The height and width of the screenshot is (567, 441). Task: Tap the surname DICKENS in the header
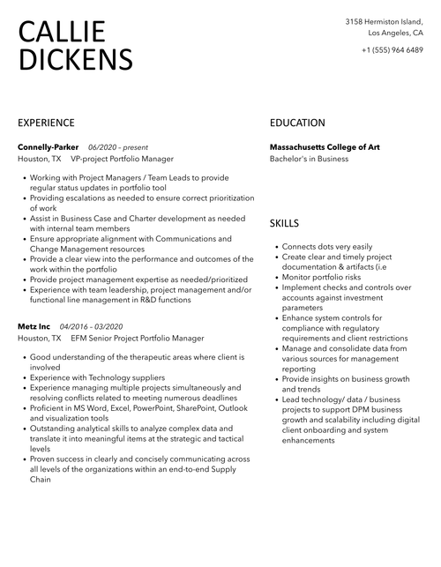pos(75,59)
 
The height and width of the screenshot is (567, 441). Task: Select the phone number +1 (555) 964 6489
pos(392,49)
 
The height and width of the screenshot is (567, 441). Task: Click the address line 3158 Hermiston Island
pos(384,21)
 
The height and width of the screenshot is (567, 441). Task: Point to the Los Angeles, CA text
pos(395,33)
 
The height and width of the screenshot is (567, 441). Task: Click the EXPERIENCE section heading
pos(46,123)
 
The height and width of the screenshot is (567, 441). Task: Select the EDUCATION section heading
pos(297,123)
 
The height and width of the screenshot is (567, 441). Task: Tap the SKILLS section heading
pos(284,224)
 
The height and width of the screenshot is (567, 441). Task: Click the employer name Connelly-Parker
pos(49,146)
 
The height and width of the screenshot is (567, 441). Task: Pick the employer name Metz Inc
pos(34,326)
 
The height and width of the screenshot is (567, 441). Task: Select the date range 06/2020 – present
pos(118,146)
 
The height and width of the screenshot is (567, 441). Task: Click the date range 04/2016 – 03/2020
pos(91,326)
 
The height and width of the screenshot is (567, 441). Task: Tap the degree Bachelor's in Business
pos(309,159)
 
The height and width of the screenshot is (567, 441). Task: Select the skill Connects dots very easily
pos(327,247)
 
